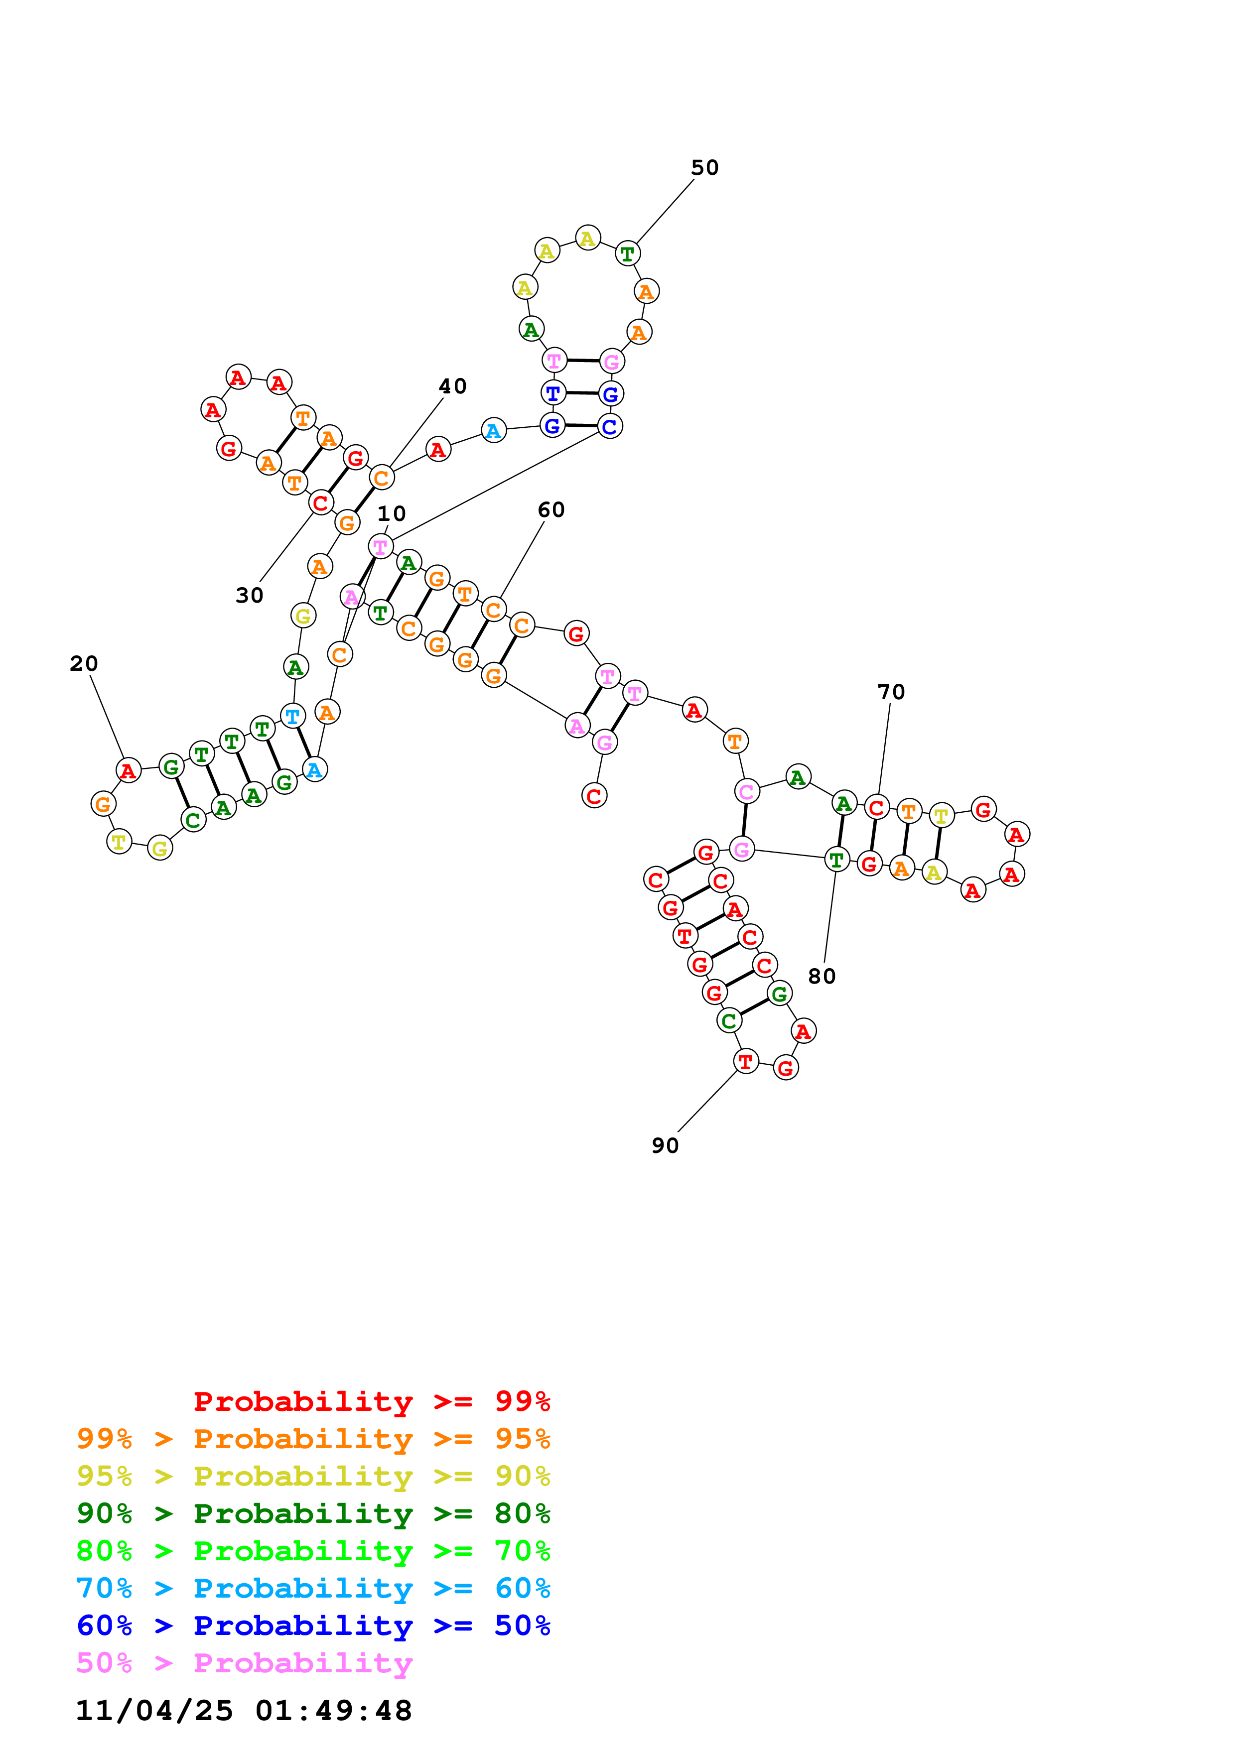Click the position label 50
(x=704, y=167)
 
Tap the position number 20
(x=84, y=663)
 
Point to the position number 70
(x=891, y=692)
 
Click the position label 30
(x=250, y=595)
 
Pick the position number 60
(x=551, y=510)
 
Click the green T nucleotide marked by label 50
(x=627, y=253)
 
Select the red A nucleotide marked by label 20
(x=128, y=771)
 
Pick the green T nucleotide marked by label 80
(x=836, y=860)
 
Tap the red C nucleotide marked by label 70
(x=877, y=807)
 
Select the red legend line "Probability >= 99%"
(x=371, y=1401)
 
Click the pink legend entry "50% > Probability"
(x=244, y=1663)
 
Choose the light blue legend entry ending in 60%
(x=313, y=1589)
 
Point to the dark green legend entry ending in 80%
(x=313, y=1514)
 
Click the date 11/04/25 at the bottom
(x=154, y=1711)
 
